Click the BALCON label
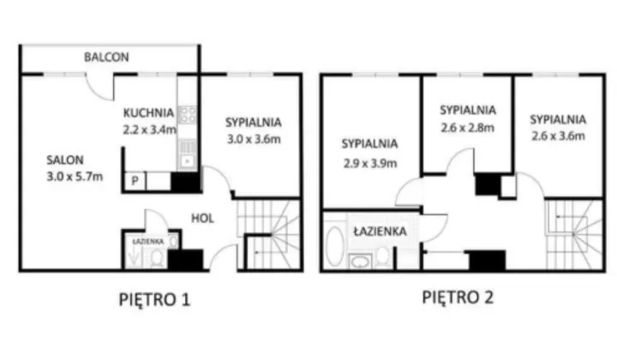click(x=106, y=57)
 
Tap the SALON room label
click(x=65, y=159)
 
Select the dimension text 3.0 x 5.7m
click(x=75, y=177)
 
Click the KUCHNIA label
click(x=148, y=113)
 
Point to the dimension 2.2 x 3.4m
click(x=149, y=129)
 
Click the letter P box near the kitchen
click(x=135, y=181)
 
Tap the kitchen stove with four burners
click(x=188, y=115)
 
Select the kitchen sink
click(x=188, y=160)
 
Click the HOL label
click(x=202, y=219)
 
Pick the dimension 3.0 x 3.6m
click(x=254, y=139)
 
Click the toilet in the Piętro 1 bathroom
click(x=157, y=258)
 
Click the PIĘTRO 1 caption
click(x=154, y=299)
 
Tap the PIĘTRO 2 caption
click(x=458, y=297)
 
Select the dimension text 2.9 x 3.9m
click(x=370, y=163)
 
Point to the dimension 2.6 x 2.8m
click(x=468, y=128)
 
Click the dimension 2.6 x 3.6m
click(x=558, y=136)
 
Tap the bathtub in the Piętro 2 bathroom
click(x=335, y=245)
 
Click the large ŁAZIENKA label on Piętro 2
click(x=380, y=231)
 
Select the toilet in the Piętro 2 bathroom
click(x=382, y=257)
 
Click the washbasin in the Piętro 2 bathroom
click(x=361, y=261)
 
